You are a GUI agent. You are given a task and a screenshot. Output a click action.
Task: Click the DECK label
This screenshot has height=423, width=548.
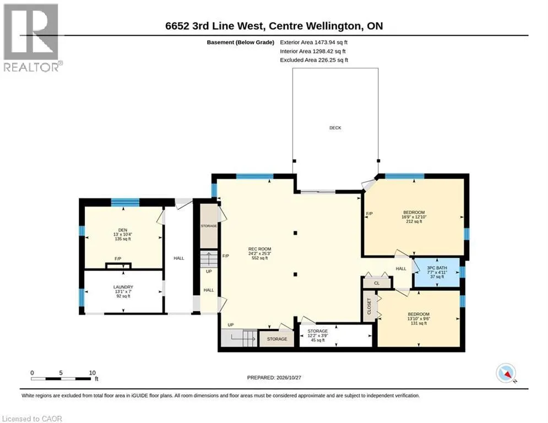(x=335, y=128)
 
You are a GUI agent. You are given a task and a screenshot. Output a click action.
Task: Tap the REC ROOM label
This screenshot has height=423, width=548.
(x=259, y=250)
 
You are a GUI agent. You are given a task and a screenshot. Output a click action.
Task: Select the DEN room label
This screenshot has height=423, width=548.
(x=123, y=230)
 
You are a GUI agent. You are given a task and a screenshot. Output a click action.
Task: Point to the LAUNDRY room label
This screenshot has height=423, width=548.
(x=123, y=287)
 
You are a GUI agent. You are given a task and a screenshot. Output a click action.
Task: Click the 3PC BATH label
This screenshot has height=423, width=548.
(x=437, y=268)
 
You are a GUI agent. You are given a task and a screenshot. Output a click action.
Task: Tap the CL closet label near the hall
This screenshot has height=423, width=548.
(x=377, y=283)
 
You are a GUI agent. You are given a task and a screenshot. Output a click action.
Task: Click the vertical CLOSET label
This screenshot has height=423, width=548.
(x=369, y=306)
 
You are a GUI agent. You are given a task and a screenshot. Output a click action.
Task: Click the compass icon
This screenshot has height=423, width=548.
(x=506, y=373)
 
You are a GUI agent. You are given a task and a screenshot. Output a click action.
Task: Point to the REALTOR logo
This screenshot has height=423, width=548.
(x=32, y=38)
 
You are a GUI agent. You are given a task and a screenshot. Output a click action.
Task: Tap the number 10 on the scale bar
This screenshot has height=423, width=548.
(x=93, y=373)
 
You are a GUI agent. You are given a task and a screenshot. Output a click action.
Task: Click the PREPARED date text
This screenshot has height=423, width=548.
(x=274, y=377)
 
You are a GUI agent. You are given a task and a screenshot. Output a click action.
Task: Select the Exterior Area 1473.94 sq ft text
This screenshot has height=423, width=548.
(x=313, y=42)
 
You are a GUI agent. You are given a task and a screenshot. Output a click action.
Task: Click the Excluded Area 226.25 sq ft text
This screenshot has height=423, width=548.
(x=314, y=60)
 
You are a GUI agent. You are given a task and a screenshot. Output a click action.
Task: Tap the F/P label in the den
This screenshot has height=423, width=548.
(x=118, y=259)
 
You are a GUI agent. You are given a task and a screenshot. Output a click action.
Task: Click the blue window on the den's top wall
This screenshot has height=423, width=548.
(x=125, y=202)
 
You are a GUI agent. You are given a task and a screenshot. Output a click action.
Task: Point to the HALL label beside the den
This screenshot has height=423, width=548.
(x=178, y=258)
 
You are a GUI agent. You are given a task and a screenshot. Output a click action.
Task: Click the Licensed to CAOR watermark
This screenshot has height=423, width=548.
(x=32, y=419)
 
